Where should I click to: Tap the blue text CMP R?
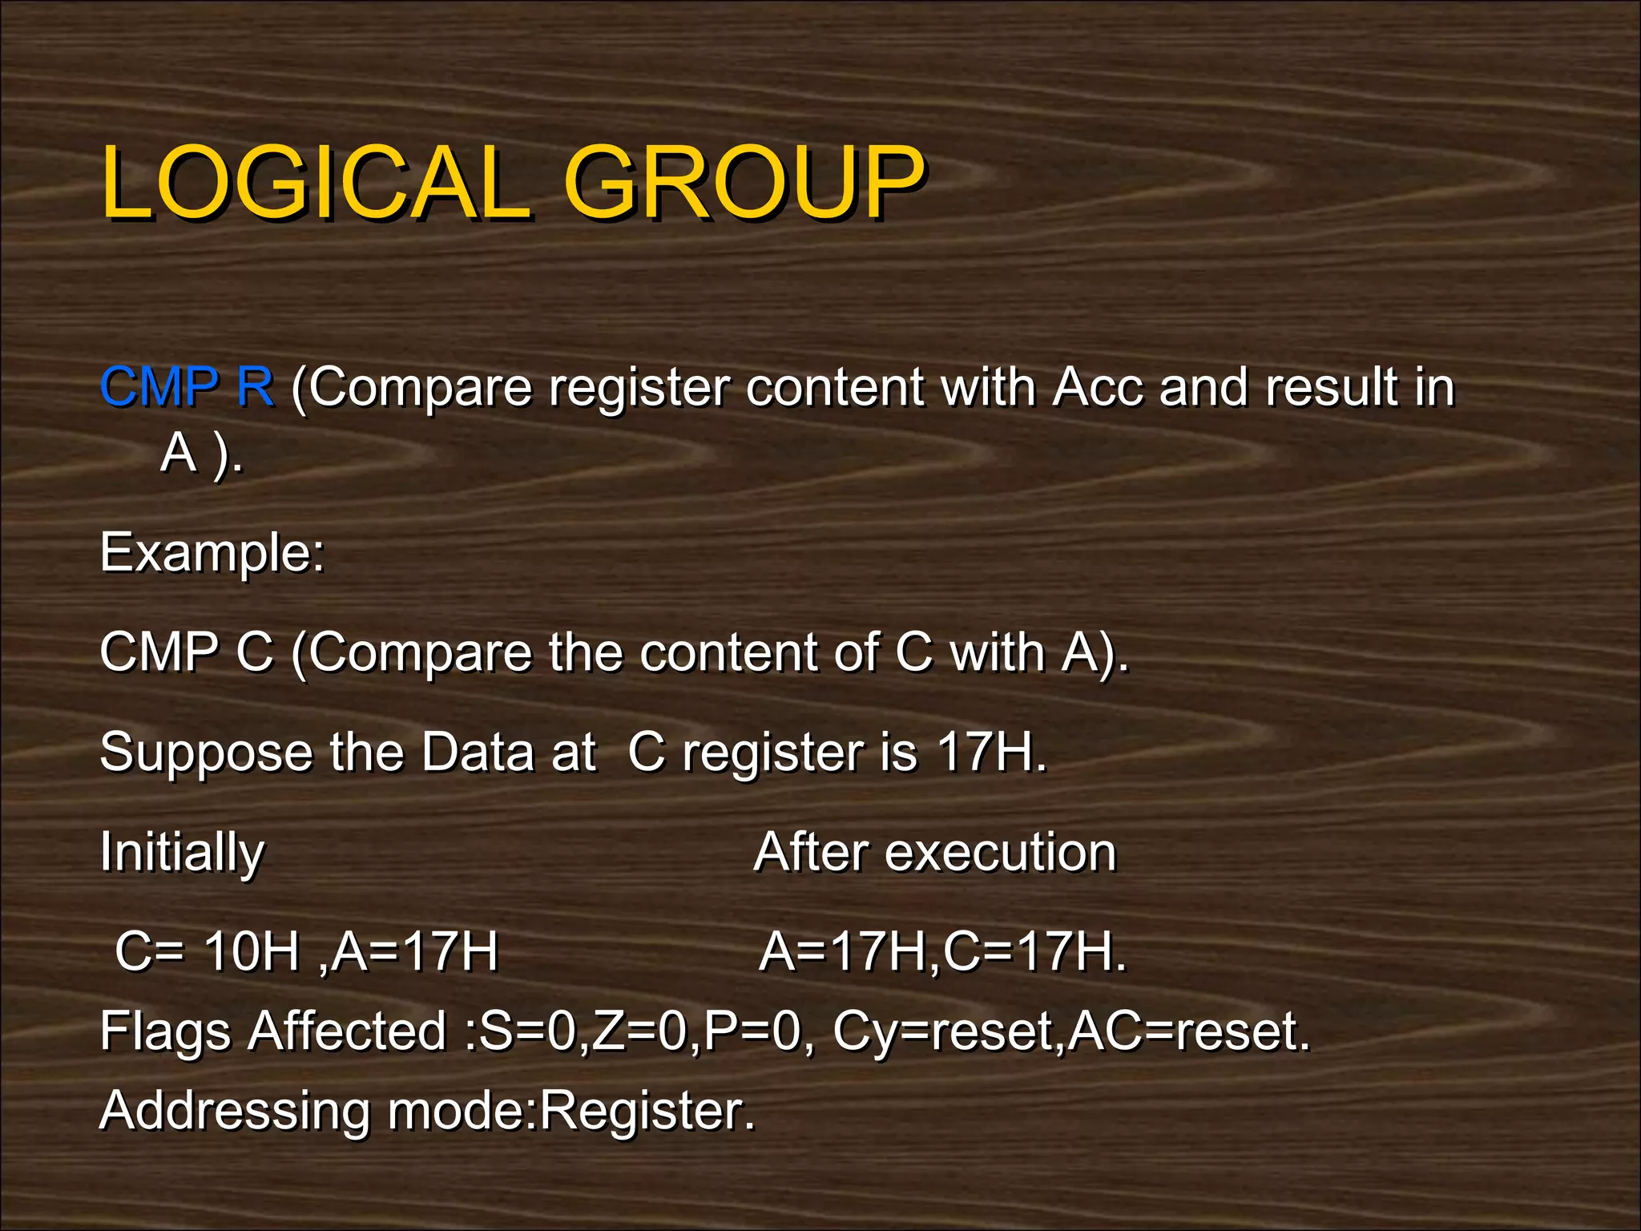point(187,387)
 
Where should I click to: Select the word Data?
point(478,752)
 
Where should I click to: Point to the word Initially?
point(182,852)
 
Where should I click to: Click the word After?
point(810,851)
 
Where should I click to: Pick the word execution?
point(1001,851)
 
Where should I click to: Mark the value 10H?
point(251,951)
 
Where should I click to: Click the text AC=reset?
point(1189,1031)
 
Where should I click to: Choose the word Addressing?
point(234,1111)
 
